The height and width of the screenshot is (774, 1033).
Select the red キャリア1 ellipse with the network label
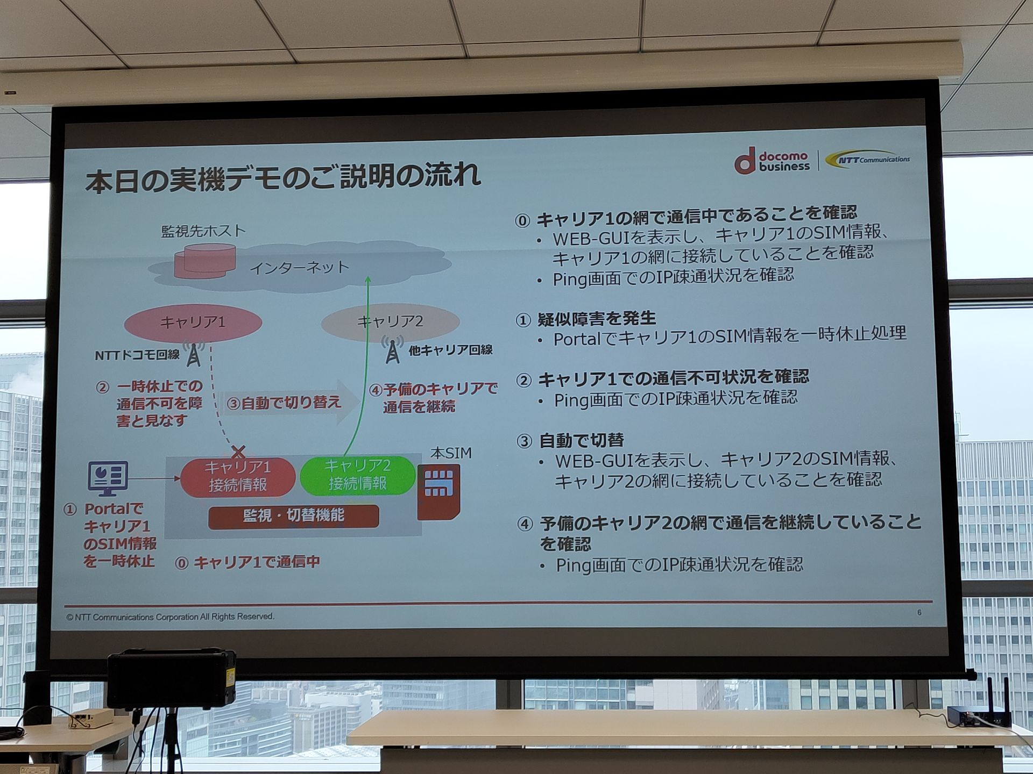click(x=193, y=322)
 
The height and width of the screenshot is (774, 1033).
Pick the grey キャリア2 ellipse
click(x=390, y=322)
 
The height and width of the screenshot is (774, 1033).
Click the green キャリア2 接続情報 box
click(x=357, y=475)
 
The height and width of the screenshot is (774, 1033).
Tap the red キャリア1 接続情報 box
click(x=237, y=476)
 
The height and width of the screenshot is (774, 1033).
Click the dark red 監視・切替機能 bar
click(x=293, y=517)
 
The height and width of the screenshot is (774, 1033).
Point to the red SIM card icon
click(x=439, y=491)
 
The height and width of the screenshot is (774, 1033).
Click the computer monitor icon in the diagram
click(x=108, y=478)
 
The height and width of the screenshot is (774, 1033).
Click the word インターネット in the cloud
click(x=300, y=268)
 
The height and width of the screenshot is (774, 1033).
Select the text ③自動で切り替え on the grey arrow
click(x=284, y=403)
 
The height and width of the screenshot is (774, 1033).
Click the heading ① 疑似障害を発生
click(x=586, y=319)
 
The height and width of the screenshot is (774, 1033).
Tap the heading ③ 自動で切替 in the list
click(x=570, y=441)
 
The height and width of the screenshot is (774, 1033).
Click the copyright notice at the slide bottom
click(x=170, y=617)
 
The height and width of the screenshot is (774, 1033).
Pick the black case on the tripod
click(x=172, y=678)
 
